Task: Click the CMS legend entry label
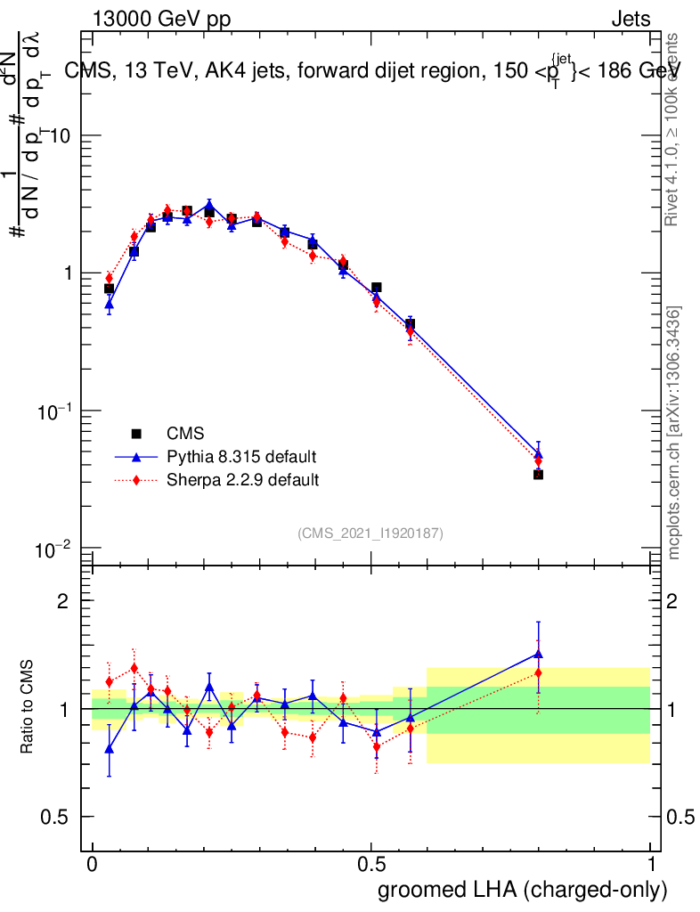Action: pos(185,434)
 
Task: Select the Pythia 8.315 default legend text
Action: pos(241,457)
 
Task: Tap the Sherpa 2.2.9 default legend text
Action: pos(243,480)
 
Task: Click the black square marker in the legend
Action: pos(137,434)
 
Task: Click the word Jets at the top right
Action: pos(631,20)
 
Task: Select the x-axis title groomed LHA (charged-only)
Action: pos(523,890)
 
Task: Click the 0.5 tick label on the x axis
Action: pos(371,865)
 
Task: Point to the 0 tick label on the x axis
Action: pos(92,865)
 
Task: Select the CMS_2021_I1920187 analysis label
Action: pos(370,533)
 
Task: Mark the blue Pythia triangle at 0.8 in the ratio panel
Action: pos(538,654)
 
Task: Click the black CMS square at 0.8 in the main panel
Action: pos(538,475)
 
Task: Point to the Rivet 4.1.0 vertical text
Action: pos(674,129)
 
